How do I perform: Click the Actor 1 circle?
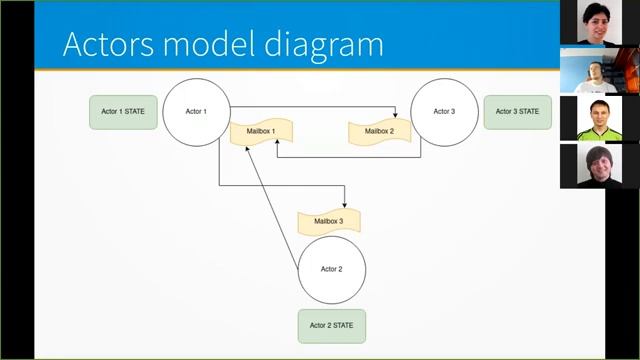197,111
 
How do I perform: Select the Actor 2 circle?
332,269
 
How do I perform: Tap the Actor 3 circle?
444,111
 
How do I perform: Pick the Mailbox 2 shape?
379,131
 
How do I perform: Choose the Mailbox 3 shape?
328,221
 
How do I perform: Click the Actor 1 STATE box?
123,111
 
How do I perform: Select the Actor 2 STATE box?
332,325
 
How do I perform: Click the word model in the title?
212,44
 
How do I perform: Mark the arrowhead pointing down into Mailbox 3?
344,205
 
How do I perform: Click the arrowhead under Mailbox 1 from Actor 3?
277,151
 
